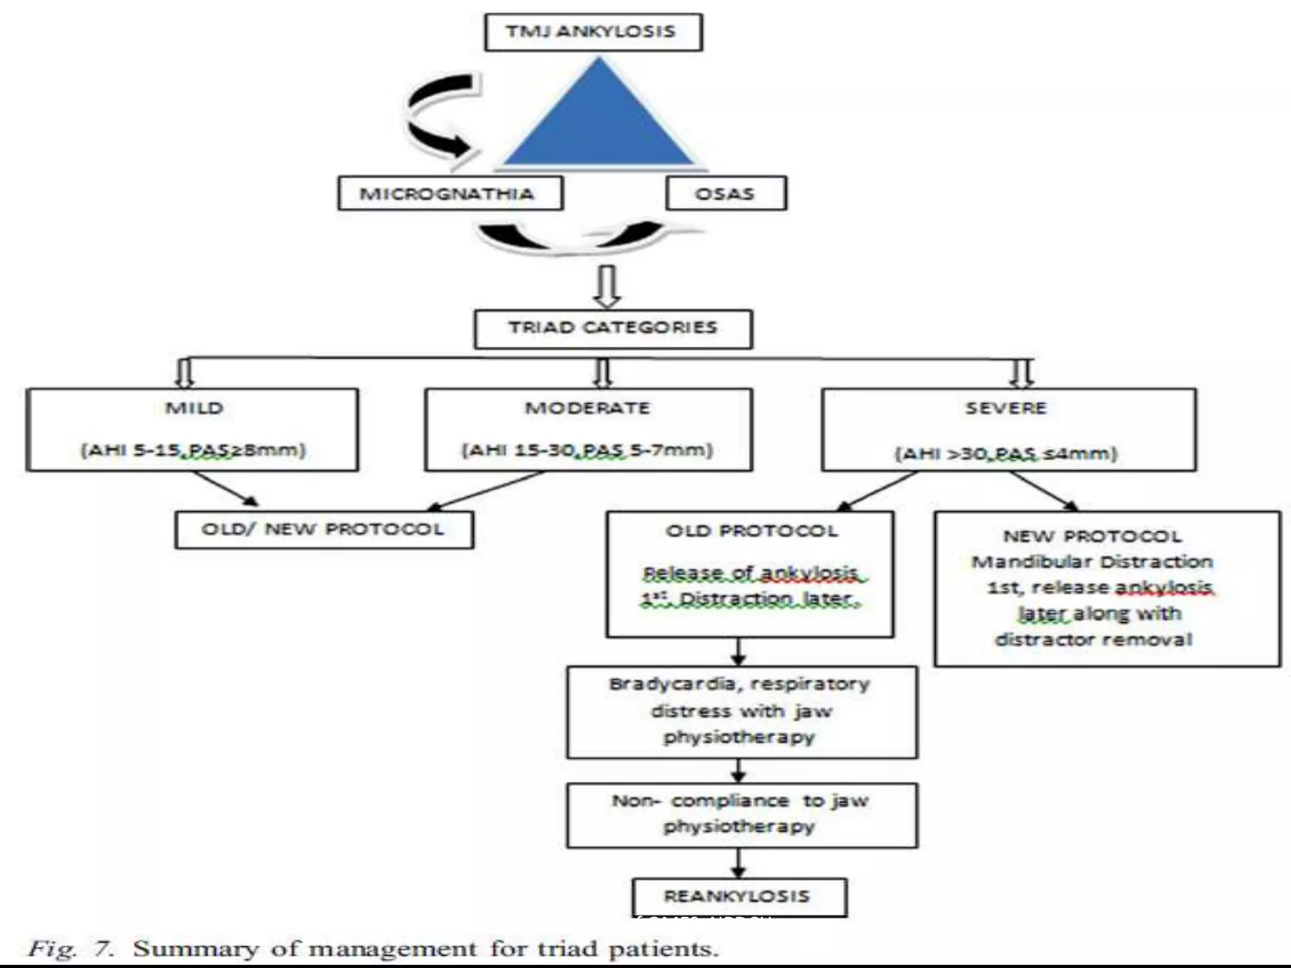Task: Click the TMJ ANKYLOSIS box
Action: [593, 32]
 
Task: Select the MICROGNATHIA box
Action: [450, 193]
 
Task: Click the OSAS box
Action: [726, 193]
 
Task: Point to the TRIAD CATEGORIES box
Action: [613, 328]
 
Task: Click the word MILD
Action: [194, 408]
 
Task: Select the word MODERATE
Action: [588, 408]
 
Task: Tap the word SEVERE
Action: [1006, 408]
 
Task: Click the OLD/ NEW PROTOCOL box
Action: [324, 529]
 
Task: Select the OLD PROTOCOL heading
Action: [751, 531]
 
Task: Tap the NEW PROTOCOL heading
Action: [1092, 536]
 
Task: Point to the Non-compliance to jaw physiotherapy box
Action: [741, 815]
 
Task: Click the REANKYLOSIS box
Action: [738, 897]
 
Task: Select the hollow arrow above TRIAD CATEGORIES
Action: [607, 287]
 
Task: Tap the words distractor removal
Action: [1093, 640]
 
